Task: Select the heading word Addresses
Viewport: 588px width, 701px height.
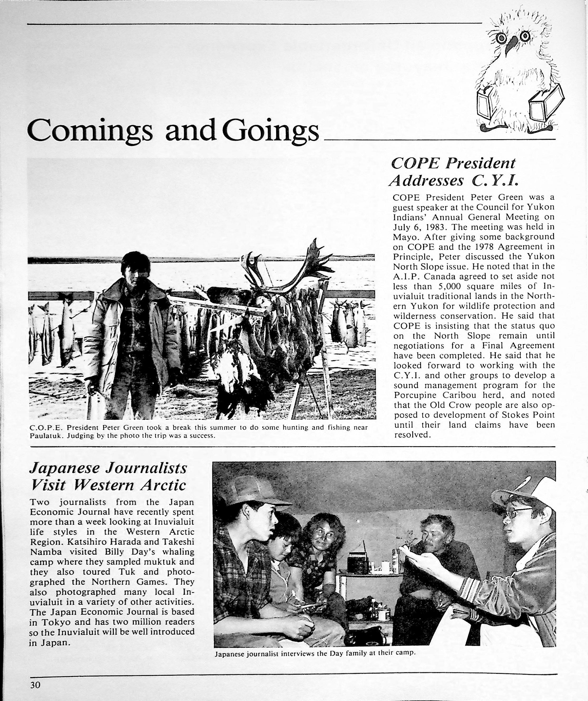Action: point(426,181)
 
